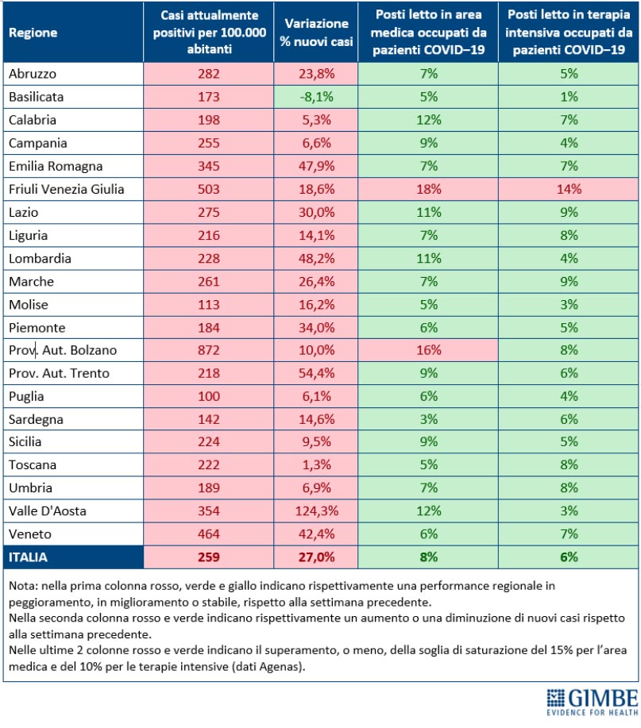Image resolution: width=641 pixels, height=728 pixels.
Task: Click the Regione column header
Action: click(x=33, y=33)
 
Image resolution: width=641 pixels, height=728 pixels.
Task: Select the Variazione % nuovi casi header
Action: click(x=316, y=33)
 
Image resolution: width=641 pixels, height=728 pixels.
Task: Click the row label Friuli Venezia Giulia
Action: click(x=67, y=189)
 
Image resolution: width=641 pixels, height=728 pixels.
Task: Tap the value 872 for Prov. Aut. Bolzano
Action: click(x=209, y=350)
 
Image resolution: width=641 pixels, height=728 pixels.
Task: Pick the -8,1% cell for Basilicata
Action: click(x=316, y=97)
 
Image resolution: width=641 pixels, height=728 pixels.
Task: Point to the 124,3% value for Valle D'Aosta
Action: click(x=316, y=510)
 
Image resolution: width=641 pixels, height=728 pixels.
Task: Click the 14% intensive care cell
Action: click(x=569, y=189)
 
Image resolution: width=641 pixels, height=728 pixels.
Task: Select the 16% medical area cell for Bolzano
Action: click(x=428, y=350)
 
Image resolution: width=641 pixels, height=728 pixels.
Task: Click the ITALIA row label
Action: click(x=28, y=557)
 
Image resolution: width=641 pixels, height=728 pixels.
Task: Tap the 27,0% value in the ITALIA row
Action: click(x=316, y=557)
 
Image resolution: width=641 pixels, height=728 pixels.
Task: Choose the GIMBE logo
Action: click(x=593, y=702)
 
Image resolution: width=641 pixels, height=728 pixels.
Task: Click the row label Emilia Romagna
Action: click(x=56, y=166)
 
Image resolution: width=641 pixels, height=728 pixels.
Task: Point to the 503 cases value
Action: click(x=209, y=189)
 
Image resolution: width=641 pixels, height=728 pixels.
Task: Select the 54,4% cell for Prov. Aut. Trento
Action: click(x=316, y=373)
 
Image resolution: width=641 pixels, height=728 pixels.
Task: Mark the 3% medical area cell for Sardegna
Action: click(x=428, y=419)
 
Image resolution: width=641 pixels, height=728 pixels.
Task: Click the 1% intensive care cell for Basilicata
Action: click(x=569, y=97)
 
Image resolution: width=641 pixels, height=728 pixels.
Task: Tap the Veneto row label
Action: click(x=29, y=534)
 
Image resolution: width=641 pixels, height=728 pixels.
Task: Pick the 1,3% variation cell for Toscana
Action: click(x=316, y=464)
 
